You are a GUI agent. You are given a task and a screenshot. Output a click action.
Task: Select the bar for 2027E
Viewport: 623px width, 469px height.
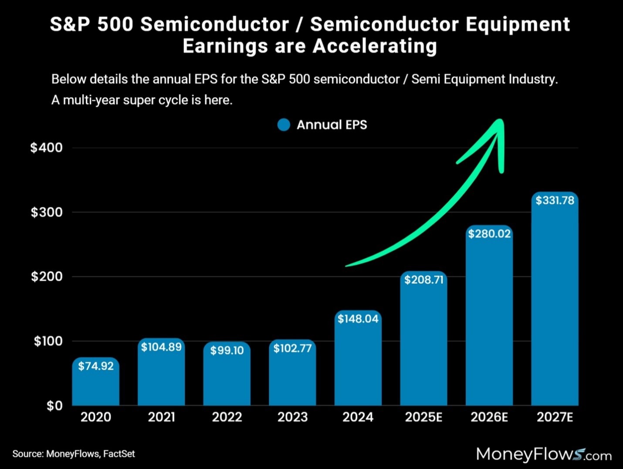coord(555,305)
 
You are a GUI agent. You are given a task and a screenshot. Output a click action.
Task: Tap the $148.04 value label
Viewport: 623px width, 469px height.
coord(358,319)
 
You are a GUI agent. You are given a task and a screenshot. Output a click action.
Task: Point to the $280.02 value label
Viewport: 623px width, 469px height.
coord(489,234)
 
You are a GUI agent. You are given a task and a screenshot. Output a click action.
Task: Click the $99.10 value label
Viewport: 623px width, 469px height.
coord(227,350)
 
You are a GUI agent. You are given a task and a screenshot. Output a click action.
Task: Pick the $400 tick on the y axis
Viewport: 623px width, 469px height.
coord(47,147)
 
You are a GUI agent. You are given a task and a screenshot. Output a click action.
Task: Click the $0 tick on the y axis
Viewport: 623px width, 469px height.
coord(54,405)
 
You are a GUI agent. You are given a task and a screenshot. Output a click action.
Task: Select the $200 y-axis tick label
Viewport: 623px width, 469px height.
coord(47,277)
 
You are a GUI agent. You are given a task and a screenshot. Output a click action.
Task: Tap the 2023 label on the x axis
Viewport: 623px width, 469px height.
coord(292,417)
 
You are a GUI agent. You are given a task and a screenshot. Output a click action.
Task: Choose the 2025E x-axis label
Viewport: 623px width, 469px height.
coord(423,417)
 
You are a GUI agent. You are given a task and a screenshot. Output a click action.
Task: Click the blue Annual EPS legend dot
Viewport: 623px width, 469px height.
coord(284,125)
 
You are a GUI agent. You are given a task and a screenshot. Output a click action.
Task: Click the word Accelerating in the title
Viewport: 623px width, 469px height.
coord(375,46)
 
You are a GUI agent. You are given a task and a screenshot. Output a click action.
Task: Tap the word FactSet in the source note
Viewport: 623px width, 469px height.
coord(119,454)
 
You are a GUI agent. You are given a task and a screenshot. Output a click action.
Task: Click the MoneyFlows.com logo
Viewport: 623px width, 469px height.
coord(543,454)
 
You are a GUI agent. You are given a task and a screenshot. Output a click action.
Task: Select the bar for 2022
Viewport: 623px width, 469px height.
coord(227,380)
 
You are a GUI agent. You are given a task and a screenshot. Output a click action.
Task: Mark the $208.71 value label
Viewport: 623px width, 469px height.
coord(423,280)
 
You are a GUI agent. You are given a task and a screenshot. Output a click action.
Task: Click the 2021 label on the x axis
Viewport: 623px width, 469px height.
coord(161,417)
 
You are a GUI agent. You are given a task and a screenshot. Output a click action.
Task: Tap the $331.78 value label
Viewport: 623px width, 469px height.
coord(555,200)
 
